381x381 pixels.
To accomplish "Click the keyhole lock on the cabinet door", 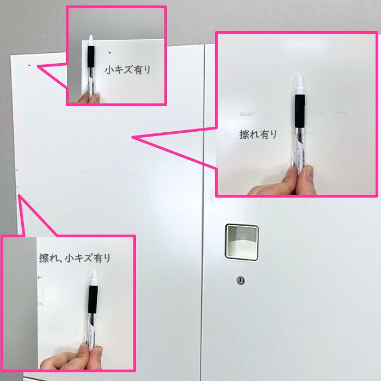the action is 241,281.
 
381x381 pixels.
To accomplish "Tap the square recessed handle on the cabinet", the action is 242,242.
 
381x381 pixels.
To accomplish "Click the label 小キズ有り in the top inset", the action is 127,70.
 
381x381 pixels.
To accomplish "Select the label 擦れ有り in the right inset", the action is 258,134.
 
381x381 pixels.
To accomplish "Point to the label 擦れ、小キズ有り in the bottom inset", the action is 75,258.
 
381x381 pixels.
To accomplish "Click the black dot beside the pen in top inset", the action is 109,52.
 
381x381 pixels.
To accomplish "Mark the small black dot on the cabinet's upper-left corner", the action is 29,65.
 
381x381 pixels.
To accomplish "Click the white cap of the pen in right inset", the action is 300,85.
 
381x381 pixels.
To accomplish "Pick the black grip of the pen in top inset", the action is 91,57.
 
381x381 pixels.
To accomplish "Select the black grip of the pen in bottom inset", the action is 93,299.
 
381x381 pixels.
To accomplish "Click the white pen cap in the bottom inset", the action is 94,278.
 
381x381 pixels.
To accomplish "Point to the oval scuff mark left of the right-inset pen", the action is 247,113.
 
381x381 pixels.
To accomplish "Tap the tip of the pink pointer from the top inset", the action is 38,66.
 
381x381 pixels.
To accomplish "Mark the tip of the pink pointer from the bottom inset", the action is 19,195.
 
